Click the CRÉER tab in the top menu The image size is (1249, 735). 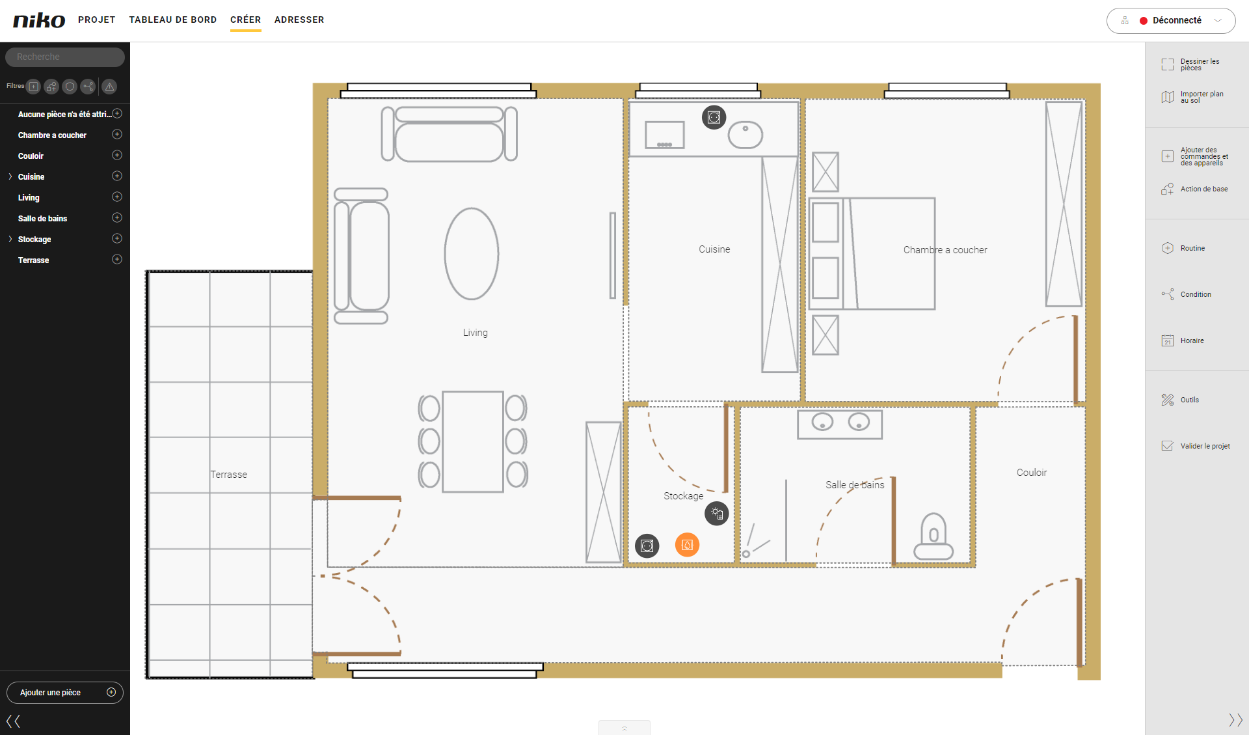245,20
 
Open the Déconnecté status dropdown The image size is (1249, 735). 1170,20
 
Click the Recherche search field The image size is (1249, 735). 65,57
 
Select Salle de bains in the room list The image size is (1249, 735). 42,218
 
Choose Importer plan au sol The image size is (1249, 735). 1193,97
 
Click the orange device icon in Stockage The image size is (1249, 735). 687,545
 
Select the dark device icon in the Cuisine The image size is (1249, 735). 714,117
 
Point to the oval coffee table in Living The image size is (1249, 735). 472,254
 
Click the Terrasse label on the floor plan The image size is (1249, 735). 228,475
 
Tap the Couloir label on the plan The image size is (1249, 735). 1032,473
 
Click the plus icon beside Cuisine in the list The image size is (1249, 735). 117,176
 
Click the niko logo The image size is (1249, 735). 39,20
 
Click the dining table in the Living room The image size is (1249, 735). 473,441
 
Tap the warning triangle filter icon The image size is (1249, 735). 109,86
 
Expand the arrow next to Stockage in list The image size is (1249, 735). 10,239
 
